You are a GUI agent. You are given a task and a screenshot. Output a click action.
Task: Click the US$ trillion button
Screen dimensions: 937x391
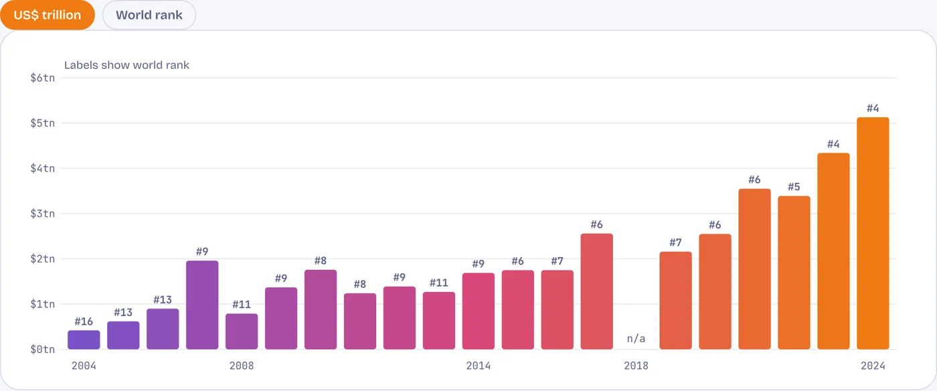48,15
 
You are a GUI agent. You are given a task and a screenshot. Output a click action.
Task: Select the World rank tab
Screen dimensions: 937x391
149,15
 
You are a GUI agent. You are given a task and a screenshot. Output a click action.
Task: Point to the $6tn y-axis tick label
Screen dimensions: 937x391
43,78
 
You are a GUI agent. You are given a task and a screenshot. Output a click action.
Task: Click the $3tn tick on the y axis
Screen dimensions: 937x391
43,214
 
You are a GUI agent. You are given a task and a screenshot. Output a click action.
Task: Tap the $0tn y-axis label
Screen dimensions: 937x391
43,349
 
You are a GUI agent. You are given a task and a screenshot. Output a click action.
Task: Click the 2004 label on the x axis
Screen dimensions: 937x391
84,366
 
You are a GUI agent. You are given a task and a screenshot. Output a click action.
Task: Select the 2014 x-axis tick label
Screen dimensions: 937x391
478,366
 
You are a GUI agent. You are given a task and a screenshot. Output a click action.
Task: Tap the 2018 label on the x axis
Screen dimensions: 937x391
636,366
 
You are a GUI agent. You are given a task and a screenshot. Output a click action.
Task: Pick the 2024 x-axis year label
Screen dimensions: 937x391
873,366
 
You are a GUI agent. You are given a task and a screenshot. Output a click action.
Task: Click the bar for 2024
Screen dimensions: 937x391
873,233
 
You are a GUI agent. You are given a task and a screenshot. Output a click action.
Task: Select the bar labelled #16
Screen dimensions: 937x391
84,340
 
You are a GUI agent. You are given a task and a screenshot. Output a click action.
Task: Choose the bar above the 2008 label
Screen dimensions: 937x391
242,331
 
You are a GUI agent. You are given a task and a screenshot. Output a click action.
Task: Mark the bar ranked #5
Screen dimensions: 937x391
794,272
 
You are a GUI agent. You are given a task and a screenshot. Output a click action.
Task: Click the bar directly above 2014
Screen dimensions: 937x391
478,311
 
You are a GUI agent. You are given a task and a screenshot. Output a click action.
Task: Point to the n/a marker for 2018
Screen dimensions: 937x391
636,338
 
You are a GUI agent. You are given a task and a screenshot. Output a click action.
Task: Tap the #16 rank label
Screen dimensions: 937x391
84,321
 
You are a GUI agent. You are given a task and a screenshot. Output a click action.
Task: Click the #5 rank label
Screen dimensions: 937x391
794,187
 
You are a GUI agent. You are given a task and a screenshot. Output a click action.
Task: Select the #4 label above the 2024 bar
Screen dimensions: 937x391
873,108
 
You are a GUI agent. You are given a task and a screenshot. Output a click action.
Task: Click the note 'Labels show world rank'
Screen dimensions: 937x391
126,66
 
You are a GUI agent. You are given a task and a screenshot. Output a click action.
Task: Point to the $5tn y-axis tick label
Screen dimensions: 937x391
43,123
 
